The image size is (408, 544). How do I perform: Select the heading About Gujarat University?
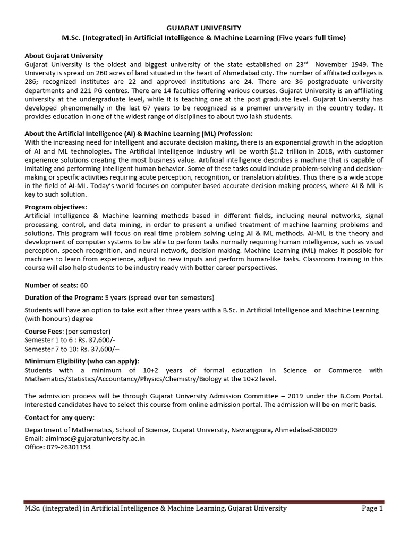[x=64, y=56]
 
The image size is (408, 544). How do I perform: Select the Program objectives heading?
[x=56, y=207]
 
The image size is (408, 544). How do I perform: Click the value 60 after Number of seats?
[x=84, y=285]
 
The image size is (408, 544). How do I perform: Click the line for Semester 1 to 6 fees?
[x=66, y=339]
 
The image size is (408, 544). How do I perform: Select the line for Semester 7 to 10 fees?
[x=67, y=348]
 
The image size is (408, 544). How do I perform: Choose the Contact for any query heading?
[x=59, y=417]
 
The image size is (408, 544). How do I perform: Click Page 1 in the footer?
[x=372, y=508]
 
